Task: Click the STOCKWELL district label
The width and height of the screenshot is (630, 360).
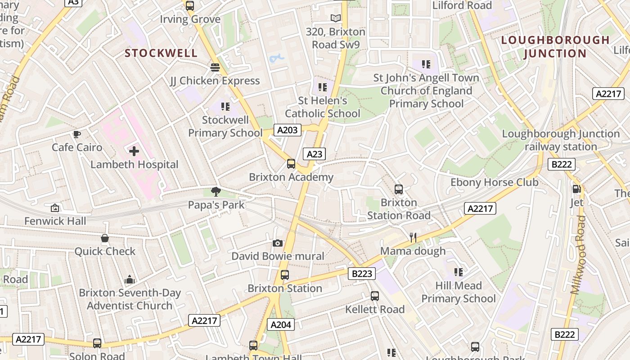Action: tap(161, 53)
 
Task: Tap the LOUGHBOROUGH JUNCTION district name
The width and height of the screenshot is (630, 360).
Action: tap(555, 47)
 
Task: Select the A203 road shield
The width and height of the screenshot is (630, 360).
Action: tap(287, 130)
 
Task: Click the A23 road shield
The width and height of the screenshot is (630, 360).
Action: tap(314, 154)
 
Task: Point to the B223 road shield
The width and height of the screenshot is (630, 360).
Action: tap(362, 273)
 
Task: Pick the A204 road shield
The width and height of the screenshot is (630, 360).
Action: tap(281, 324)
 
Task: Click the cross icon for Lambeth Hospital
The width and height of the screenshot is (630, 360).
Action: tap(134, 151)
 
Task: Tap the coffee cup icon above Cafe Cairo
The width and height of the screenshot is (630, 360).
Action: tap(77, 134)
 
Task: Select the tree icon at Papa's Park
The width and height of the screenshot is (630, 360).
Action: tap(216, 192)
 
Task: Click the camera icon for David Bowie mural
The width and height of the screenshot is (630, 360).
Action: tap(278, 243)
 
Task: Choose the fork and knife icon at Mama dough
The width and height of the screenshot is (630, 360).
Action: tap(413, 238)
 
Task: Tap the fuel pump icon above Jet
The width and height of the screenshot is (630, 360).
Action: tap(576, 189)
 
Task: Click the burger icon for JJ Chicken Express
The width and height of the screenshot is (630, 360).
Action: tap(215, 67)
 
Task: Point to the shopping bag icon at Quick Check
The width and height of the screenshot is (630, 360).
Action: tap(105, 238)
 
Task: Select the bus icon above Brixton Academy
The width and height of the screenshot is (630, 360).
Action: tap(291, 164)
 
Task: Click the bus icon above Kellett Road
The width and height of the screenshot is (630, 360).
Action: tap(375, 296)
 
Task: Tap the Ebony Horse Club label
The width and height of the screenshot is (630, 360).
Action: tap(494, 182)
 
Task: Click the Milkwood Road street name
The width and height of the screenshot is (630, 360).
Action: tap(579, 255)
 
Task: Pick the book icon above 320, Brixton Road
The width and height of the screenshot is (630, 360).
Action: tap(336, 18)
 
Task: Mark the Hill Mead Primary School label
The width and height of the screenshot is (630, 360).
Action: tap(458, 292)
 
